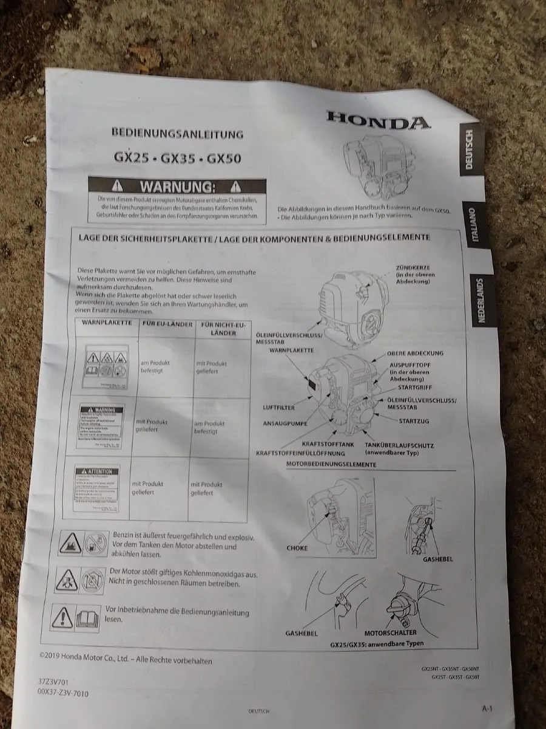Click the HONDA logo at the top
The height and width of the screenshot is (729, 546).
pos(377,120)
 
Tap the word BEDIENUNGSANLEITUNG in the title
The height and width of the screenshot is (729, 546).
pos(177,133)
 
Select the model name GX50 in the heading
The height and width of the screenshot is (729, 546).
pos(224,159)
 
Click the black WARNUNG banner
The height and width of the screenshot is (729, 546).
pos(177,185)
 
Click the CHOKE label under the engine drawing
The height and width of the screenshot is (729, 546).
pos(297,548)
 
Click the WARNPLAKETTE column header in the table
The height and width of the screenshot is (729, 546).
pos(107,322)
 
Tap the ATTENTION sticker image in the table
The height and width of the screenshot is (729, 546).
pos(97,487)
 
